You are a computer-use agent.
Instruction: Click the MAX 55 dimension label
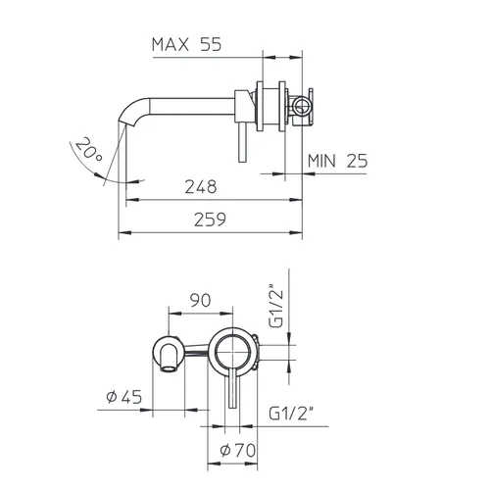pyautogui.click(x=186, y=44)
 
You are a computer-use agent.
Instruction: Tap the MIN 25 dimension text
pyautogui.click(x=338, y=161)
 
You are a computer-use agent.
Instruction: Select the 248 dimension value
pyautogui.click(x=201, y=186)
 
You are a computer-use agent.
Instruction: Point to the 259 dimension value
pyautogui.click(x=210, y=220)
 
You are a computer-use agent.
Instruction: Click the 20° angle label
pyautogui.click(x=88, y=149)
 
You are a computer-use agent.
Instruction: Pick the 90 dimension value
pyautogui.click(x=200, y=300)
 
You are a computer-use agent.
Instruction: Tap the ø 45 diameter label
pyautogui.click(x=124, y=397)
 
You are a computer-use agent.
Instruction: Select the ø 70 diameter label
pyautogui.click(x=238, y=451)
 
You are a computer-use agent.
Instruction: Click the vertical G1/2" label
pyautogui.click(x=276, y=307)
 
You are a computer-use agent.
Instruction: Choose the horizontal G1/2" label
pyautogui.click(x=291, y=414)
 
